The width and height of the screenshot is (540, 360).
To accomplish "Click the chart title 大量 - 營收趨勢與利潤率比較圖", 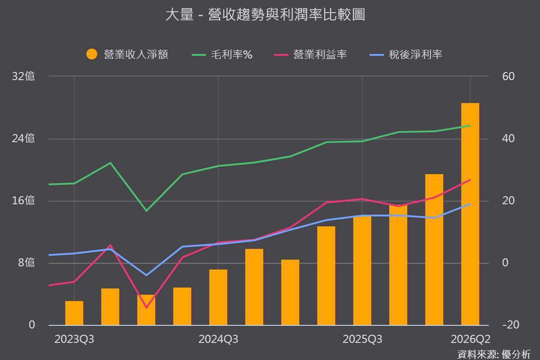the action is point(265,14).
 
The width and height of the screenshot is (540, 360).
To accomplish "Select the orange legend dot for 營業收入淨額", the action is point(92,54).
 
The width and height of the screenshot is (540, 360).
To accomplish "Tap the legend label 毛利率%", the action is point(232,54).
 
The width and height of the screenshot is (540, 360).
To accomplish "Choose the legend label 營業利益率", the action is point(320,54).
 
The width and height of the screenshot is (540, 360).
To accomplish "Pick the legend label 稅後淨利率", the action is point(415,54).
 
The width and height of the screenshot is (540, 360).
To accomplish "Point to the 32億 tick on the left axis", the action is point(23,76).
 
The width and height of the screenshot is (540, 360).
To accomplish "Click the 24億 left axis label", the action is point(23,139).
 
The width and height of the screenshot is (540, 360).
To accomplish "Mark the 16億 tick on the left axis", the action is point(23,200).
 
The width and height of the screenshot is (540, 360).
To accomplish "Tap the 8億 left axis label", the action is point(26,262).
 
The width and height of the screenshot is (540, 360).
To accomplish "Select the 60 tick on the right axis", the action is point(508,76).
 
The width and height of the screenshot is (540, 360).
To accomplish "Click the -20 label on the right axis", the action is point(511,325).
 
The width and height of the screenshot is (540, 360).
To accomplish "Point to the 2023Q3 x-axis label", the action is point(74,339).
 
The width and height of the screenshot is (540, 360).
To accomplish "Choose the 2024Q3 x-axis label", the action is point(218,339).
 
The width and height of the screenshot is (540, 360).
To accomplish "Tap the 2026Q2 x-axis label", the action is point(470,339).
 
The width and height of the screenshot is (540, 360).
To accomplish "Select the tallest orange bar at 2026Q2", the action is point(470,214).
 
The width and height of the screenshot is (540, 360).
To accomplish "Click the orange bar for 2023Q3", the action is point(74,313).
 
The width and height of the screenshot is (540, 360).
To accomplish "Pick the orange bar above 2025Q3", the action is point(362,270).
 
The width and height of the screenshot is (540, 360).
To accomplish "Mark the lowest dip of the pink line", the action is point(146,308).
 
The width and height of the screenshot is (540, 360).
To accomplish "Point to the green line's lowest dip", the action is point(146,211).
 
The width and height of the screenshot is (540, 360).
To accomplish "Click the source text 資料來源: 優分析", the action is point(494,354).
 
